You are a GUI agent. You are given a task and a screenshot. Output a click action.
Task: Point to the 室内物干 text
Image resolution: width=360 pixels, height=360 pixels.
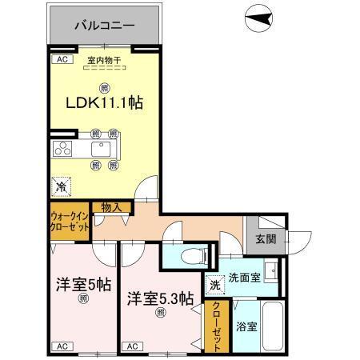tap(103, 61)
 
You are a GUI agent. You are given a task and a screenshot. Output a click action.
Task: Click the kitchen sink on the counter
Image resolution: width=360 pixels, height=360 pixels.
tap(104, 150)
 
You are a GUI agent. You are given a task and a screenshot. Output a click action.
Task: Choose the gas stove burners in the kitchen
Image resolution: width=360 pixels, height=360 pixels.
tap(62, 150)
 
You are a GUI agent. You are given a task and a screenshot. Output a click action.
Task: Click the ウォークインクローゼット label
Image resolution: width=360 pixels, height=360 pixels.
tap(70, 221)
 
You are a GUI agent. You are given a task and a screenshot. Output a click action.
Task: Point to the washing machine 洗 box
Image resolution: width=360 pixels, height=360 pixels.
tap(214, 284)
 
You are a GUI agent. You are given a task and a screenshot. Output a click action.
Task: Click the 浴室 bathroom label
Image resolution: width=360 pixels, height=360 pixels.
tap(246, 326)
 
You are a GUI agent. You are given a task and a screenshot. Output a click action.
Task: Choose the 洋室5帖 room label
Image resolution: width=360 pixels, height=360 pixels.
tap(82, 284)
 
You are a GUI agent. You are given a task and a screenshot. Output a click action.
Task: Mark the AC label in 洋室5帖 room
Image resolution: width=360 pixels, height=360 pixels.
tap(62, 346)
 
